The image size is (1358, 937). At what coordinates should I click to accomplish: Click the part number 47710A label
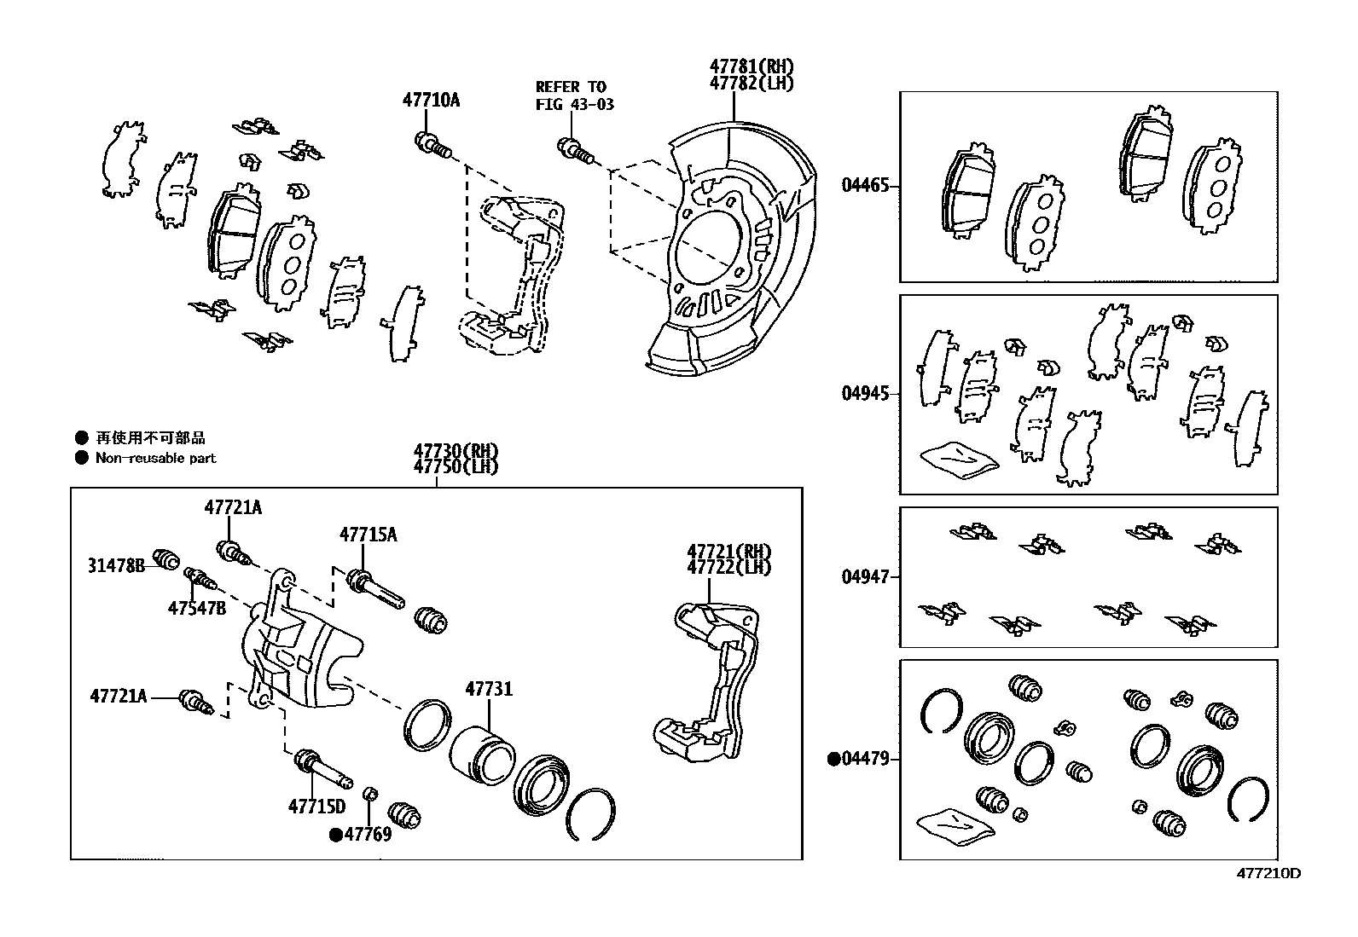click(431, 100)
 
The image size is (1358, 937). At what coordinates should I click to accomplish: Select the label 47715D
click(316, 807)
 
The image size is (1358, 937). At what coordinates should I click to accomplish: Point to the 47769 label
click(362, 835)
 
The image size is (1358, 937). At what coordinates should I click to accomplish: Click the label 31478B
click(116, 564)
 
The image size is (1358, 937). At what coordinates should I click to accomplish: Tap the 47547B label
click(197, 608)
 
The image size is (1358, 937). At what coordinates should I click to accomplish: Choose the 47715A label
click(368, 535)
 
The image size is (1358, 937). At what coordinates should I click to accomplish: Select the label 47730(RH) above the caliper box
click(456, 451)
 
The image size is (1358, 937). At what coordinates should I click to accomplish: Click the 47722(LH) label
click(728, 567)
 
